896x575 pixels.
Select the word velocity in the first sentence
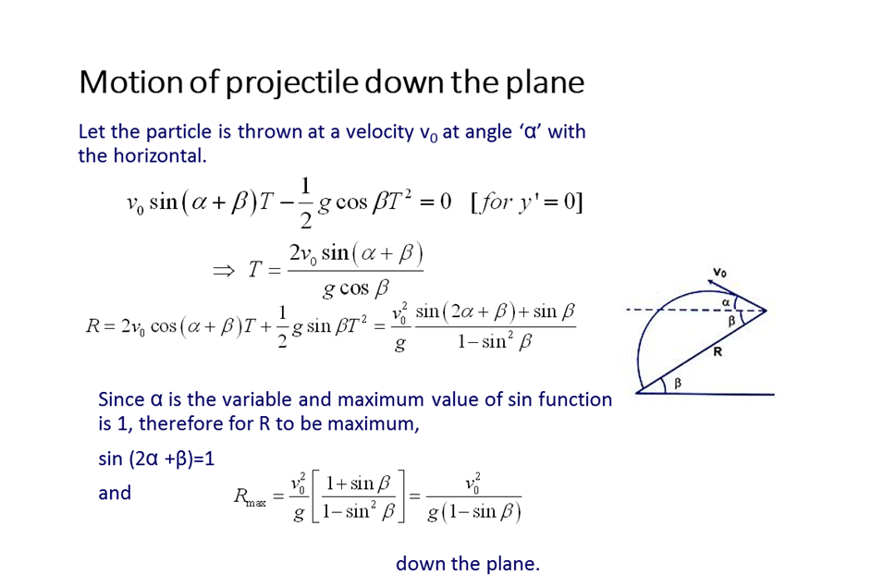[379, 131]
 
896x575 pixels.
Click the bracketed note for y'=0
[527, 202]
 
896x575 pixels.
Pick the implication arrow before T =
[224, 270]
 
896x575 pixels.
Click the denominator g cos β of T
[355, 288]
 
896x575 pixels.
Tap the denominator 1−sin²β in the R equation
[495, 341]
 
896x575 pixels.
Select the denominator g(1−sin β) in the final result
[474, 511]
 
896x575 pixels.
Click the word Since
[121, 399]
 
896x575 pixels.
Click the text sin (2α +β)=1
[156, 459]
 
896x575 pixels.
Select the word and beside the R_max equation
[115, 493]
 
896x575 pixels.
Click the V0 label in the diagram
[719, 272]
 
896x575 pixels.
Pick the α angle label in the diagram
[726, 301]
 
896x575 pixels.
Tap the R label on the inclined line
[718, 351]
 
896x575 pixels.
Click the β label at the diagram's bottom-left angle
[678, 383]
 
